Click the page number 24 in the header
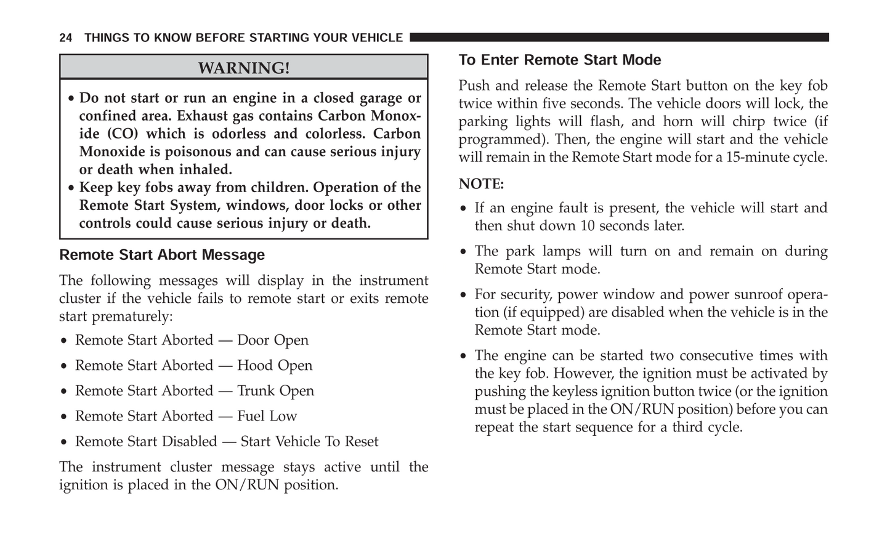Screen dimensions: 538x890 (x=65, y=38)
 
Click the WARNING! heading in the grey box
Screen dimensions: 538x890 (x=243, y=68)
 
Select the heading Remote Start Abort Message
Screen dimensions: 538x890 (x=162, y=255)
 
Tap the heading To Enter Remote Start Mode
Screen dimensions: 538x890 (x=560, y=60)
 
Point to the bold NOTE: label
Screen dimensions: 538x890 (x=481, y=184)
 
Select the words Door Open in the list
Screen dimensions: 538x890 (x=273, y=340)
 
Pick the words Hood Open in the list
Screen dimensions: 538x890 (x=275, y=366)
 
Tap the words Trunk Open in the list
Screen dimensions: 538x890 (x=275, y=391)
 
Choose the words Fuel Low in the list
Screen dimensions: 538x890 (x=267, y=416)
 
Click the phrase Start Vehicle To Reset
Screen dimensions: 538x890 (x=309, y=441)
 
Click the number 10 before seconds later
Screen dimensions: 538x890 (x=588, y=226)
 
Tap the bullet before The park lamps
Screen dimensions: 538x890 (x=464, y=252)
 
